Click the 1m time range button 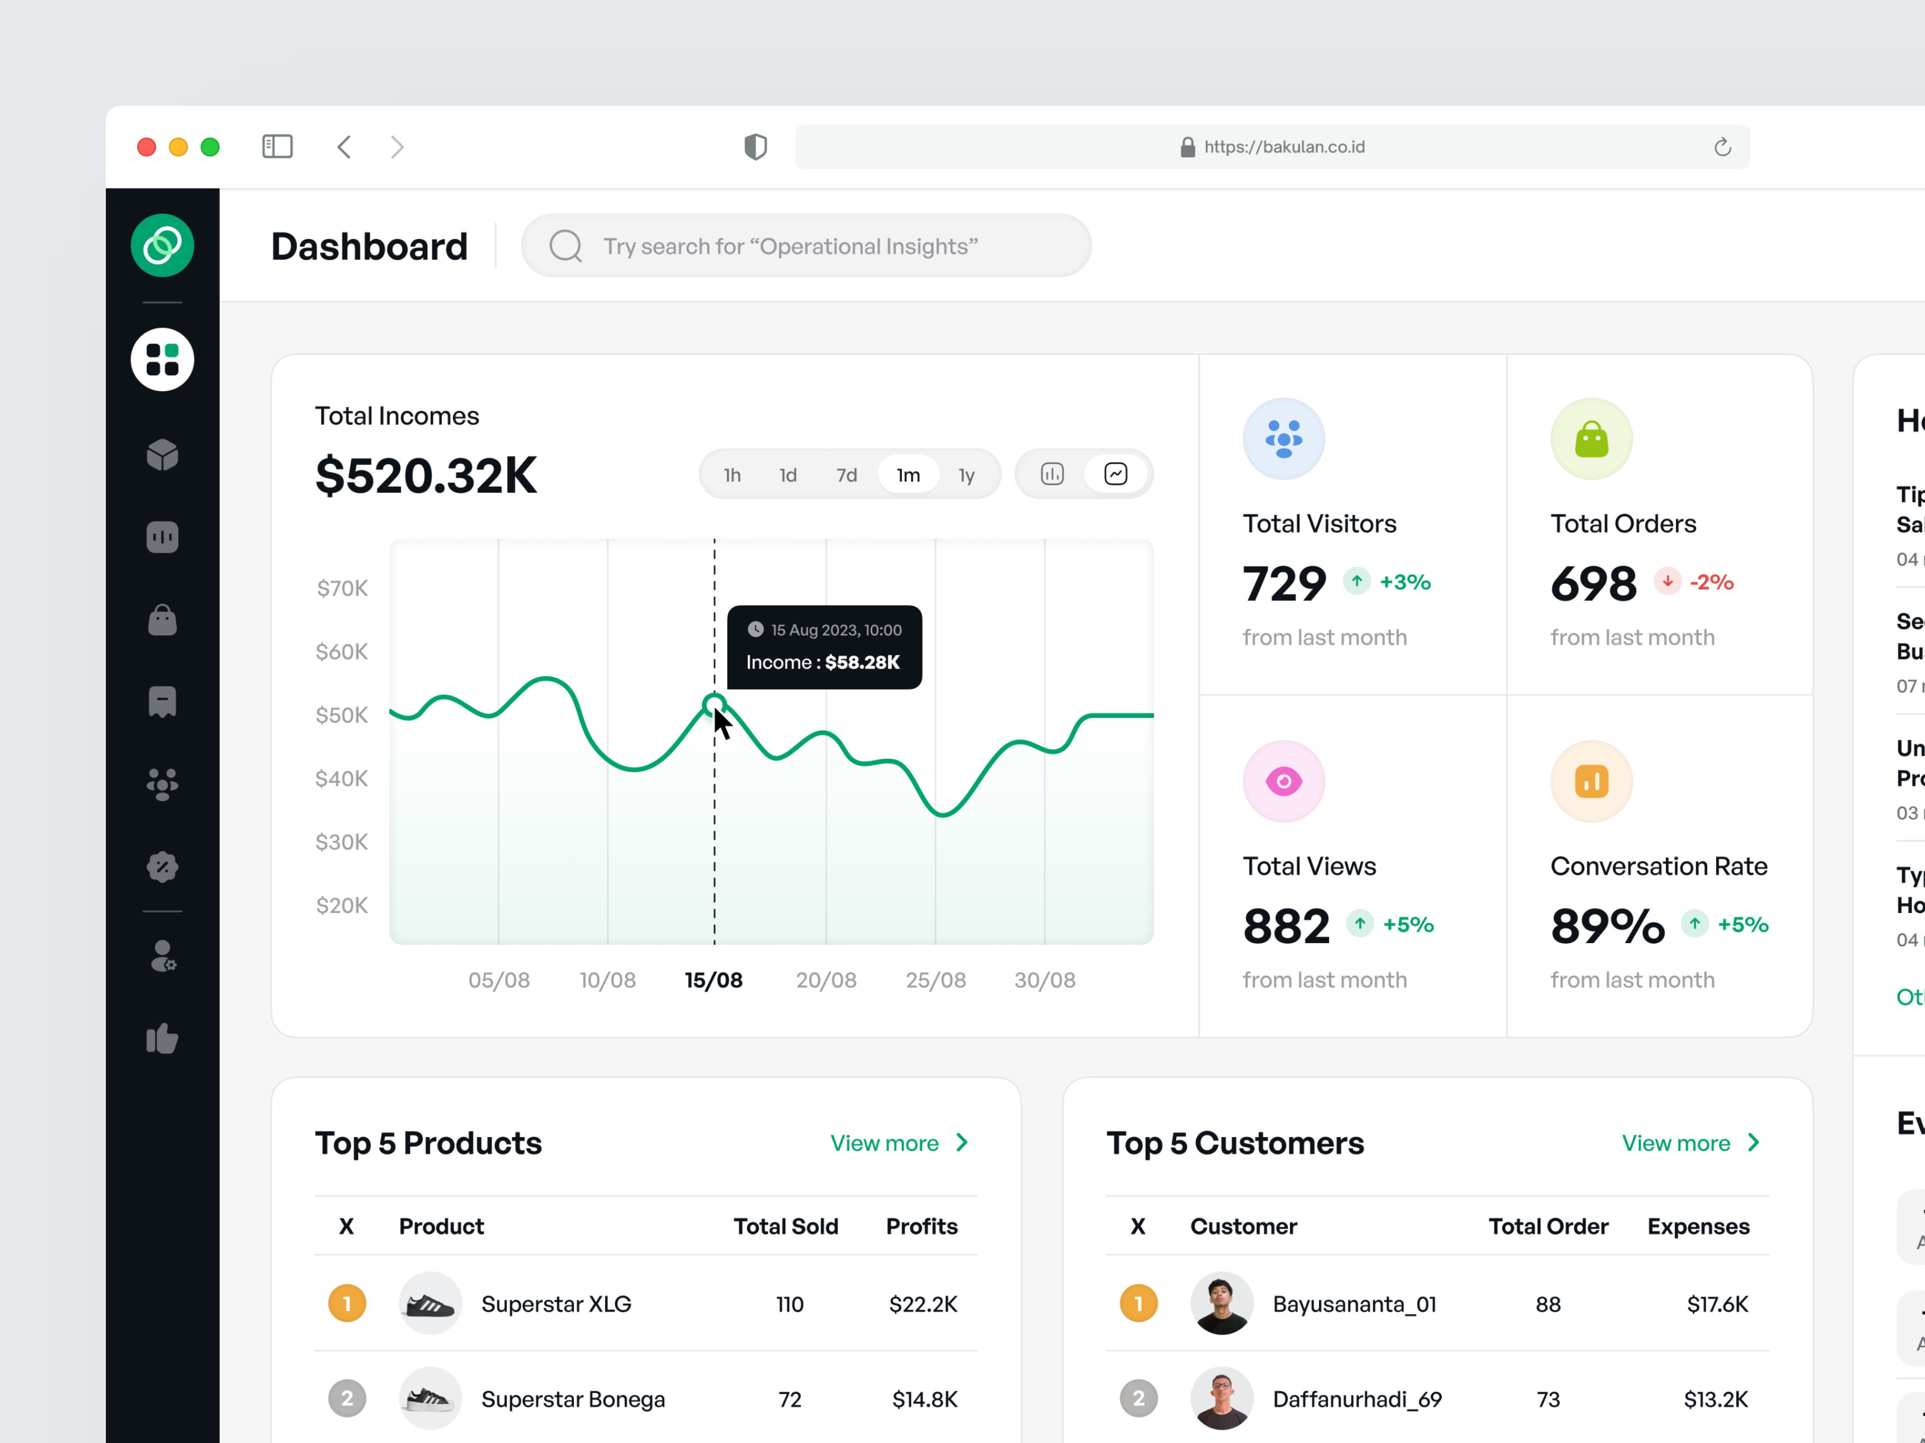(908, 475)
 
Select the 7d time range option (846, 475)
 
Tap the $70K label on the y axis (342, 589)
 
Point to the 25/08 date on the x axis (936, 980)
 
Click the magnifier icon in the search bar (565, 246)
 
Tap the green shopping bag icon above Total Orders (1591, 439)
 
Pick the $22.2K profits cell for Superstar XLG (922, 1304)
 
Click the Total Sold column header (785, 1227)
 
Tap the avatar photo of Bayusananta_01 (1221, 1304)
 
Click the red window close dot (146, 147)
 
